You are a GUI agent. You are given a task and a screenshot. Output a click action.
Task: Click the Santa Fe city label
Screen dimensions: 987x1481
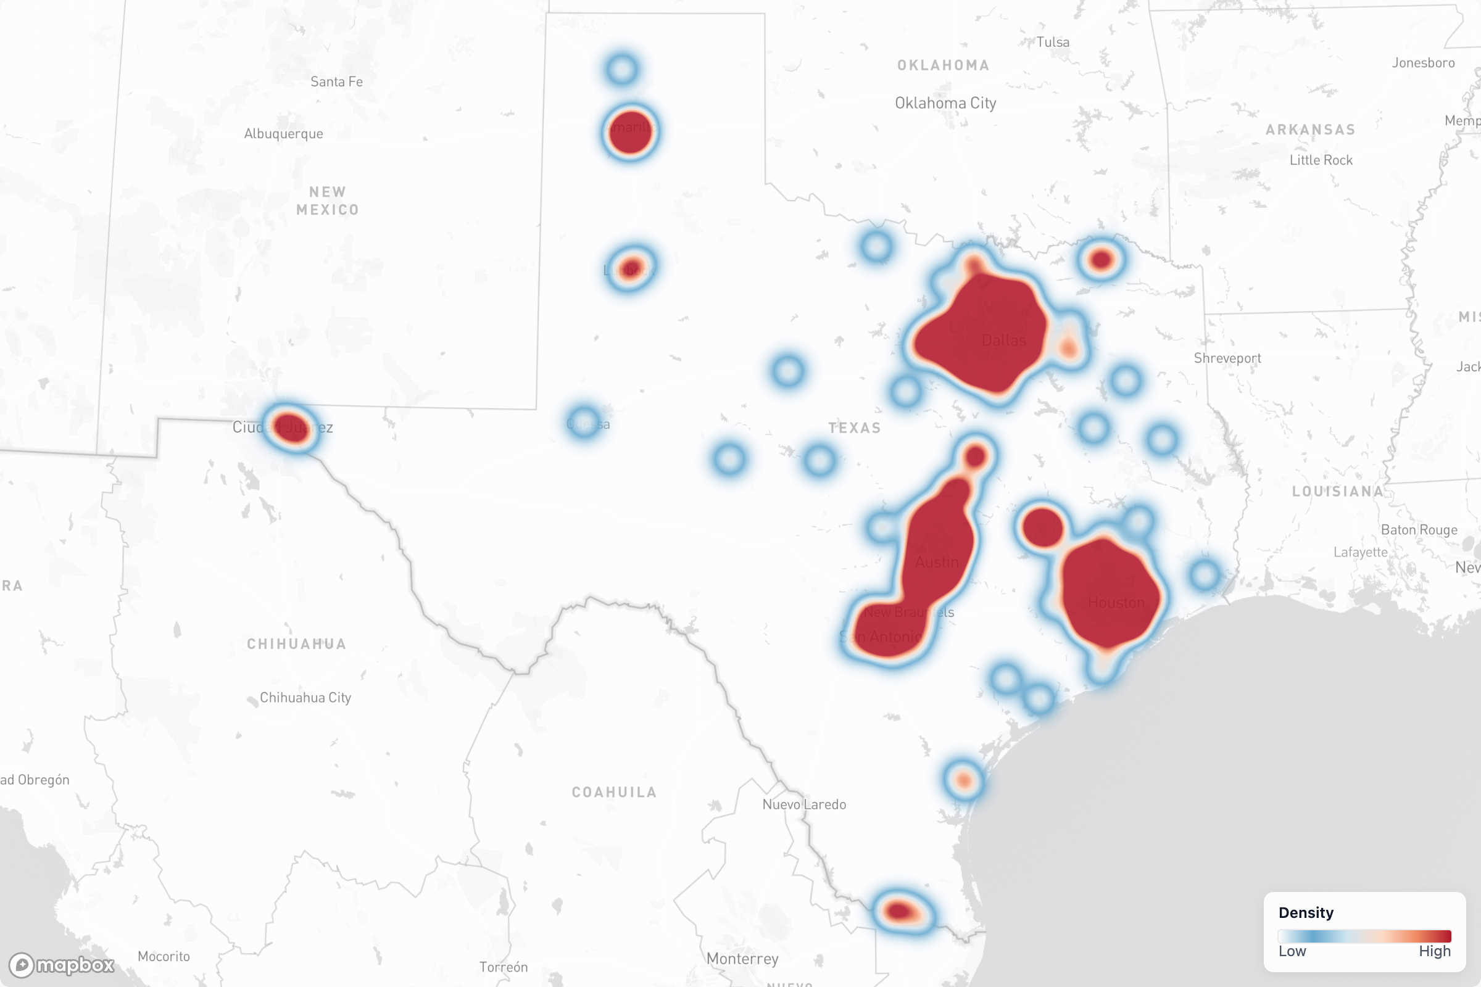pos(336,82)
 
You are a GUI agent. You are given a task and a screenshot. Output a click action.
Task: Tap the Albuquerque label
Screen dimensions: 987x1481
pos(283,133)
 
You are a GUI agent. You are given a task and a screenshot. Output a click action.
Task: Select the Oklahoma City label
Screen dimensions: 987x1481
pos(945,103)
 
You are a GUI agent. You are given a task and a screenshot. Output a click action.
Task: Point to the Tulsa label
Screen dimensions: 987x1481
pos(1053,42)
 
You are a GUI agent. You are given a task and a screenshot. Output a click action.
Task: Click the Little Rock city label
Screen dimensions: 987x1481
pos(1321,160)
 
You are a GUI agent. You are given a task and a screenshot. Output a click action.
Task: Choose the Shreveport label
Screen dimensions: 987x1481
pos(1227,358)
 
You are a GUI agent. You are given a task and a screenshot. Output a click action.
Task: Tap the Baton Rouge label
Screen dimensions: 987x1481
pos(1419,530)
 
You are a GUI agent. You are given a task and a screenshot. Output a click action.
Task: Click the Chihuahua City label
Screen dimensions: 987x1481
pos(305,698)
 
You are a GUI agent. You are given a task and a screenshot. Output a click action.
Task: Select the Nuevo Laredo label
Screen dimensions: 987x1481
pos(804,804)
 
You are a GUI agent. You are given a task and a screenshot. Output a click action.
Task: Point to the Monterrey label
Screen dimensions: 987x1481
pos(742,959)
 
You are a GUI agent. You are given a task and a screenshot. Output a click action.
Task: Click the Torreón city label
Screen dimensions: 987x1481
pos(503,967)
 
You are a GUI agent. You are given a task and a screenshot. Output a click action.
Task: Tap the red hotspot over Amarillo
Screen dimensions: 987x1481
pos(629,132)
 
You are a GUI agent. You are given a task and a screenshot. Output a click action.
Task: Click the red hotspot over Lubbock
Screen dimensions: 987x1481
pos(630,269)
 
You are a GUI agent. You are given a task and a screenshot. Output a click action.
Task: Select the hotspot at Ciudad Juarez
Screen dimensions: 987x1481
pos(291,428)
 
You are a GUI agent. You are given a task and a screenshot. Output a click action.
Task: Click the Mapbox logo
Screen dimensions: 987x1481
pos(62,965)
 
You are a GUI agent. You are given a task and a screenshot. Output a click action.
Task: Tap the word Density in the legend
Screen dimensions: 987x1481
pos(1306,913)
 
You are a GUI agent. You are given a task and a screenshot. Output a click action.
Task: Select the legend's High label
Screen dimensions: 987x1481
pos(1434,951)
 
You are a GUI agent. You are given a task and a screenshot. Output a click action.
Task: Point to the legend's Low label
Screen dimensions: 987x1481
pos(1292,951)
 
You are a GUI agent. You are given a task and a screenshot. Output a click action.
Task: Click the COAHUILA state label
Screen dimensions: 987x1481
pos(614,792)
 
